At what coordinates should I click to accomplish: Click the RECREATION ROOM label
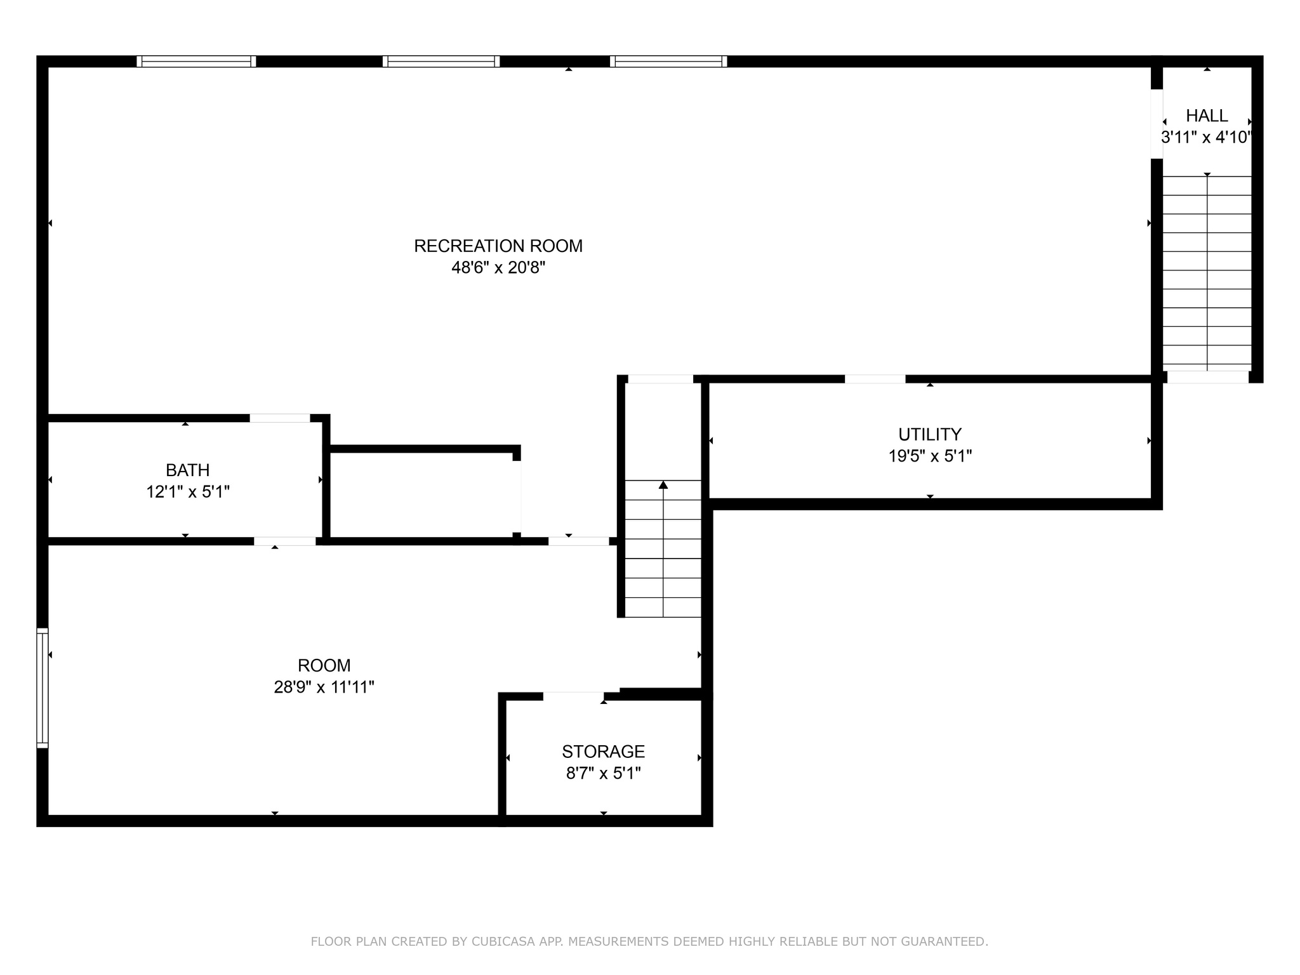[498, 246]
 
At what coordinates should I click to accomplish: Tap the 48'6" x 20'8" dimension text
[498, 268]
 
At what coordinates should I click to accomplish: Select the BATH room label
[187, 470]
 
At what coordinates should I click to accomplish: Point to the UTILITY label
[929, 434]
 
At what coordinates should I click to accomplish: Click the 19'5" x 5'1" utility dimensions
[929, 456]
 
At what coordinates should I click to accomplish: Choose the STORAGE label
[603, 752]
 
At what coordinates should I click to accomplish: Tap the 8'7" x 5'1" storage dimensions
[603, 773]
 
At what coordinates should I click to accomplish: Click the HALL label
[1207, 116]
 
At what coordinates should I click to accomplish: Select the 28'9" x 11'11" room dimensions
[324, 687]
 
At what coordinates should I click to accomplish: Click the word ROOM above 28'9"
[324, 665]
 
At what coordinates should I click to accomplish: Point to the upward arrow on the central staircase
[663, 486]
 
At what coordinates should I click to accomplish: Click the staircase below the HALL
[1207, 273]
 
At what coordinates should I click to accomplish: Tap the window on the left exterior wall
[42, 687]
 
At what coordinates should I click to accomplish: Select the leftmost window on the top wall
[196, 62]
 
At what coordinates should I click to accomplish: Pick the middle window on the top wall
[441, 62]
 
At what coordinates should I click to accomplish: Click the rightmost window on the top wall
[668, 62]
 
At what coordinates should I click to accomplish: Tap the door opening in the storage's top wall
[573, 696]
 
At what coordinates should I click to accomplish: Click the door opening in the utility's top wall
[875, 379]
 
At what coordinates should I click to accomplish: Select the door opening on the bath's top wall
[279, 418]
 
